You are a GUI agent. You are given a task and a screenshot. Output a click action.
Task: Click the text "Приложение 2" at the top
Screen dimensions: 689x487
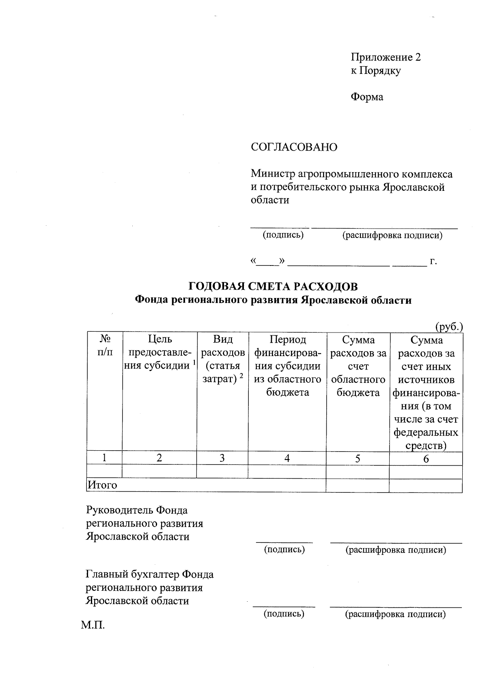(x=386, y=57)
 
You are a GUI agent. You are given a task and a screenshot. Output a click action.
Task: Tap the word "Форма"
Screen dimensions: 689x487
(x=367, y=97)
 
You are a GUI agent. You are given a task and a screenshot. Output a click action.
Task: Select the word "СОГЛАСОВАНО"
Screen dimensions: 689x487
(x=294, y=147)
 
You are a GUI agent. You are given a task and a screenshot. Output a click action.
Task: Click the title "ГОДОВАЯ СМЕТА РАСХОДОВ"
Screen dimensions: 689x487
(x=273, y=287)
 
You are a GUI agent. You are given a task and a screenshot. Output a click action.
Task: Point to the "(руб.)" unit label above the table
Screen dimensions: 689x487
(x=449, y=326)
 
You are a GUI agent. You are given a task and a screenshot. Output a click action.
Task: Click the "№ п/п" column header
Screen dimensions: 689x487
(x=105, y=346)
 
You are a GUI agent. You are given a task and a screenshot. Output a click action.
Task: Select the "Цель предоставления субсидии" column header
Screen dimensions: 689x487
(x=159, y=352)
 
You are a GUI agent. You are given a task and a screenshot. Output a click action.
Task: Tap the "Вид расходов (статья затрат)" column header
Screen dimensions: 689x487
(x=222, y=359)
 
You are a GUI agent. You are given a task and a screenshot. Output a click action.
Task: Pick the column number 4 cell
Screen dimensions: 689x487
(x=287, y=458)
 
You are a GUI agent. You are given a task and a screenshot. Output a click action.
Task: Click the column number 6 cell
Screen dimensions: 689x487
(x=426, y=459)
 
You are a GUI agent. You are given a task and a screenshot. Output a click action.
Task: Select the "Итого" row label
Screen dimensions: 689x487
(x=103, y=485)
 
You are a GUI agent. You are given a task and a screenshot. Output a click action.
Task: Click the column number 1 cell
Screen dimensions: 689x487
(x=105, y=458)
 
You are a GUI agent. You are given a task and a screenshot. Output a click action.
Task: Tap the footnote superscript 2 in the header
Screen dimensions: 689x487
(x=241, y=376)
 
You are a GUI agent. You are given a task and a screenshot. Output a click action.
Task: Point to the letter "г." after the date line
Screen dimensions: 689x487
(x=433, y=261)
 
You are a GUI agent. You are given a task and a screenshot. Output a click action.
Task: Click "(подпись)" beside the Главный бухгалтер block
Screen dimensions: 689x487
(x=284, y=613)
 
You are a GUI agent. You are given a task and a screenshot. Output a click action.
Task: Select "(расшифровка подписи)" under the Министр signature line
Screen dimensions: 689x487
(x=392, y=235)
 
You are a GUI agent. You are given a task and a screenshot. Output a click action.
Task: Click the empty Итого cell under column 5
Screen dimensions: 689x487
(x=357, y=486)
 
